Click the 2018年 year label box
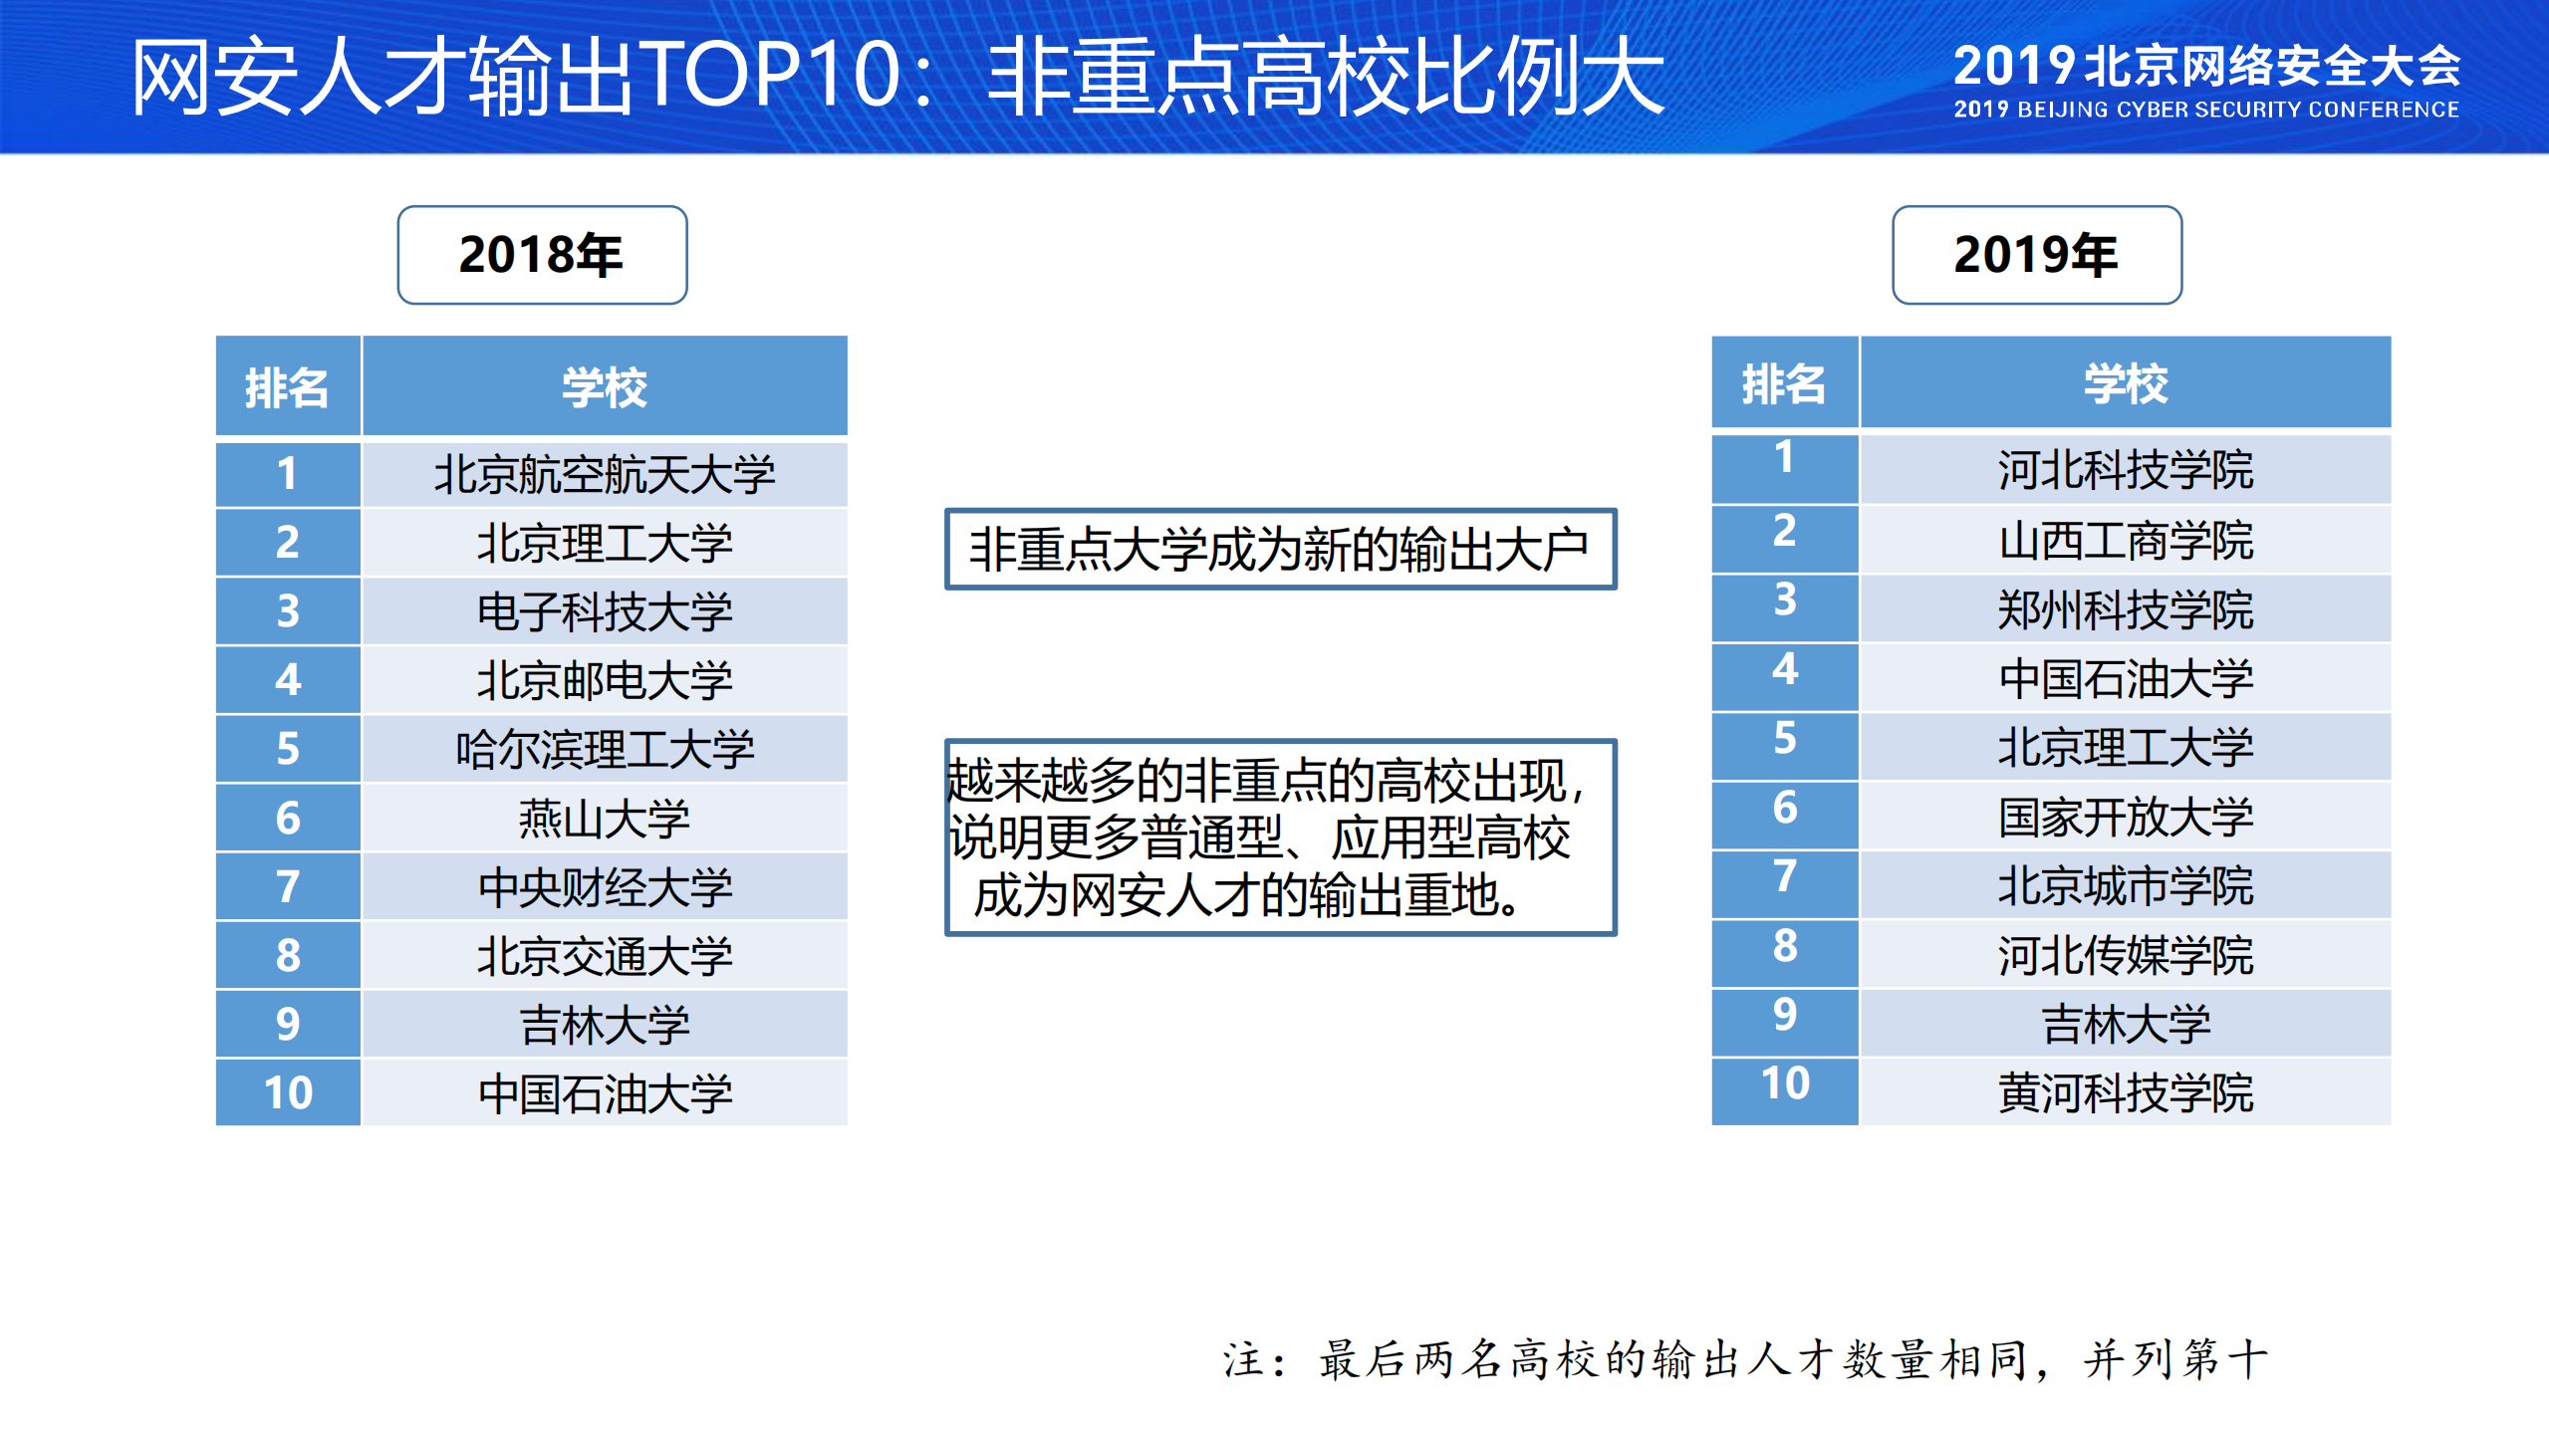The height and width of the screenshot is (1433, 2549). click(542, 255)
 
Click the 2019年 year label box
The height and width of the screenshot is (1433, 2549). click(2036, 255)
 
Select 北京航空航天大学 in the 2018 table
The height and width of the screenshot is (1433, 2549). click(604, 474)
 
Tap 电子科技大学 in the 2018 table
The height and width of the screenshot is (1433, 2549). click(604, 611)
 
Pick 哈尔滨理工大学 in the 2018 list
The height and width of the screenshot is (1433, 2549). click(604, 749)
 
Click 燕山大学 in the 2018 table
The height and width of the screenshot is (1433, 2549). click(604, 819)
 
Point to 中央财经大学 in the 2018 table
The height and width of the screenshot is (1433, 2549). click(604, 887)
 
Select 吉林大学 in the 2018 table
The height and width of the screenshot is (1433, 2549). click(604, 1025)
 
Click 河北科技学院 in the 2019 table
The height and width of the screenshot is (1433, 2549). click(2125, 469)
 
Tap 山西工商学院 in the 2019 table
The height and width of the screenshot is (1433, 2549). click(2125, 541)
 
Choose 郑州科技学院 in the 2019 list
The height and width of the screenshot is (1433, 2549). click(2125, 609)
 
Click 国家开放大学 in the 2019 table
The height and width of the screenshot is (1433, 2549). click(2125, 817)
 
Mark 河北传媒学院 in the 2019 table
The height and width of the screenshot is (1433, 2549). click(2125, 955)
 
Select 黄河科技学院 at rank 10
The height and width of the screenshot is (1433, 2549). click(2125, 1092)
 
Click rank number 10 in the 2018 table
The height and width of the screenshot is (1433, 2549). click(288, 1092)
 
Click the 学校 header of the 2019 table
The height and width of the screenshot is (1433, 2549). click(2125, 384)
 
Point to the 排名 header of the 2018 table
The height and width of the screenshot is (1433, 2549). click(287, 387)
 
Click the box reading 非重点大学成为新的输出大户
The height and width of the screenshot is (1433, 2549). click(1279, 550)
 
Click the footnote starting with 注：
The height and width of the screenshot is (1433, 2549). click(1743, 1359)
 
